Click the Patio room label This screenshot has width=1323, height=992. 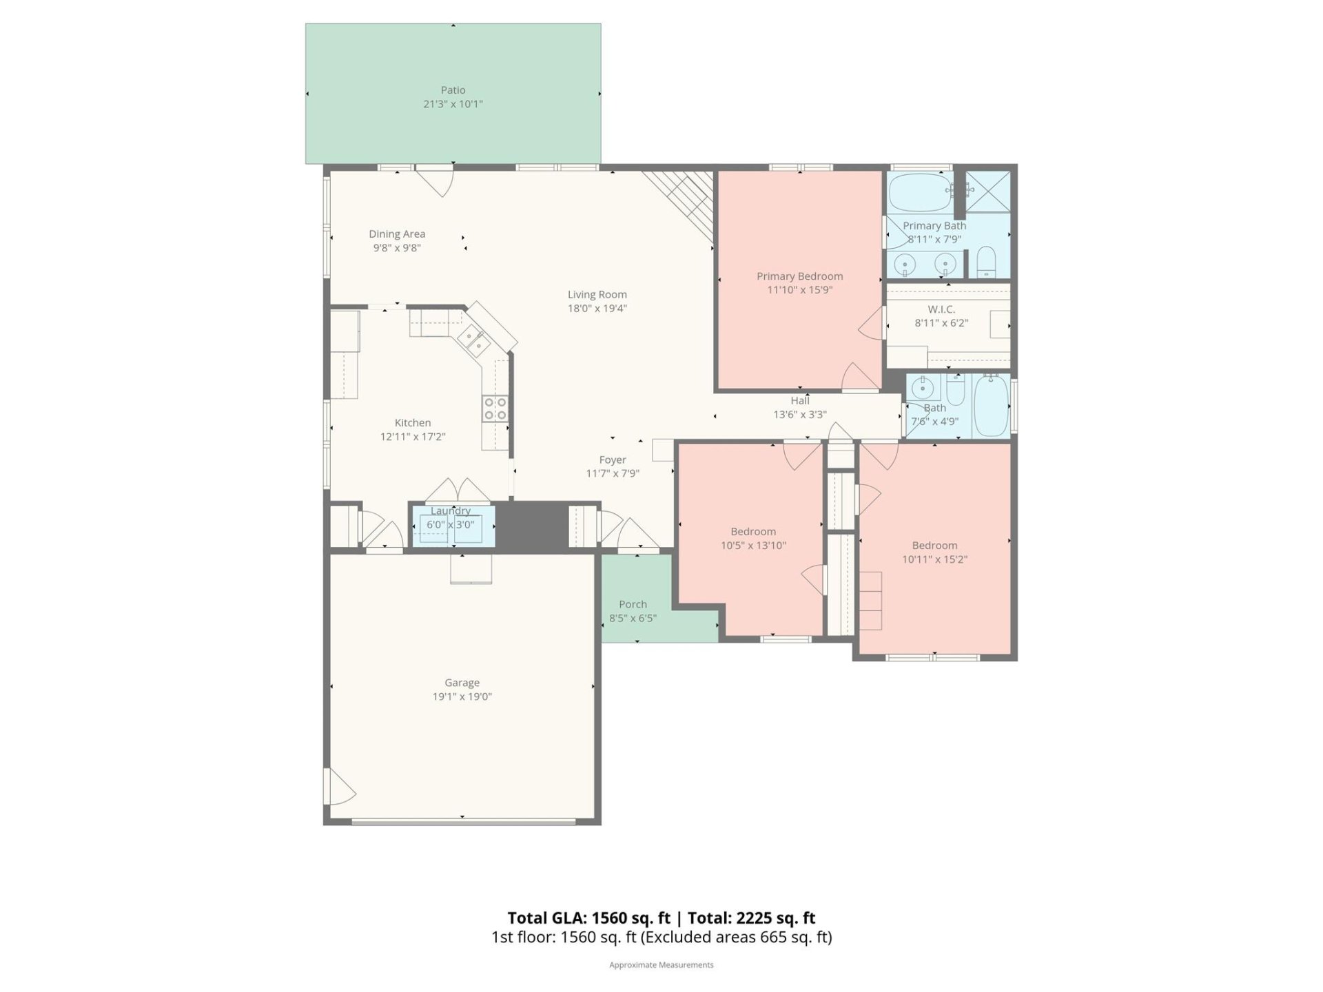click(x=453, y=90)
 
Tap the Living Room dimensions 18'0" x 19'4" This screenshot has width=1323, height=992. click(x=597, y=309)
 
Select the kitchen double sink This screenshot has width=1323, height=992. click(x=474, y=338)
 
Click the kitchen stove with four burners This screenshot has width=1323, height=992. click(x=495, y=408)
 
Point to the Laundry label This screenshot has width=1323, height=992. click(x=451, y=510)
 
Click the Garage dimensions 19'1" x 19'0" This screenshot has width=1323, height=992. click(x=462, y=696)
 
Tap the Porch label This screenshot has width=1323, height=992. click(x=633, y=604)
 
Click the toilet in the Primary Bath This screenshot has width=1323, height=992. click(x=986, y=262)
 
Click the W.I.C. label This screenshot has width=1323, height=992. click(x=941, y=309)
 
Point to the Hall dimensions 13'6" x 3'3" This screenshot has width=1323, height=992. click(x=799, y=415)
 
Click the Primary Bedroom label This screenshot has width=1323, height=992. click(x=799, y=276)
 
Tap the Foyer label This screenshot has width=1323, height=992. click(x=613, y=459)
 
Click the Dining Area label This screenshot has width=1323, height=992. click(x=397, y=234)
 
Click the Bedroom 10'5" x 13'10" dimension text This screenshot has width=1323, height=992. click(x=753, y=546)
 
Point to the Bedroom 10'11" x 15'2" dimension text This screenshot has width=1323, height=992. click(x=934, y=559)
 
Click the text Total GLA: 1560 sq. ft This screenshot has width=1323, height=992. click(x=588, y=918)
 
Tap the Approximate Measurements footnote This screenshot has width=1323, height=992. click(x=661, y=965)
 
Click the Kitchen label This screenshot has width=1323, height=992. click(x=413, y=423)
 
